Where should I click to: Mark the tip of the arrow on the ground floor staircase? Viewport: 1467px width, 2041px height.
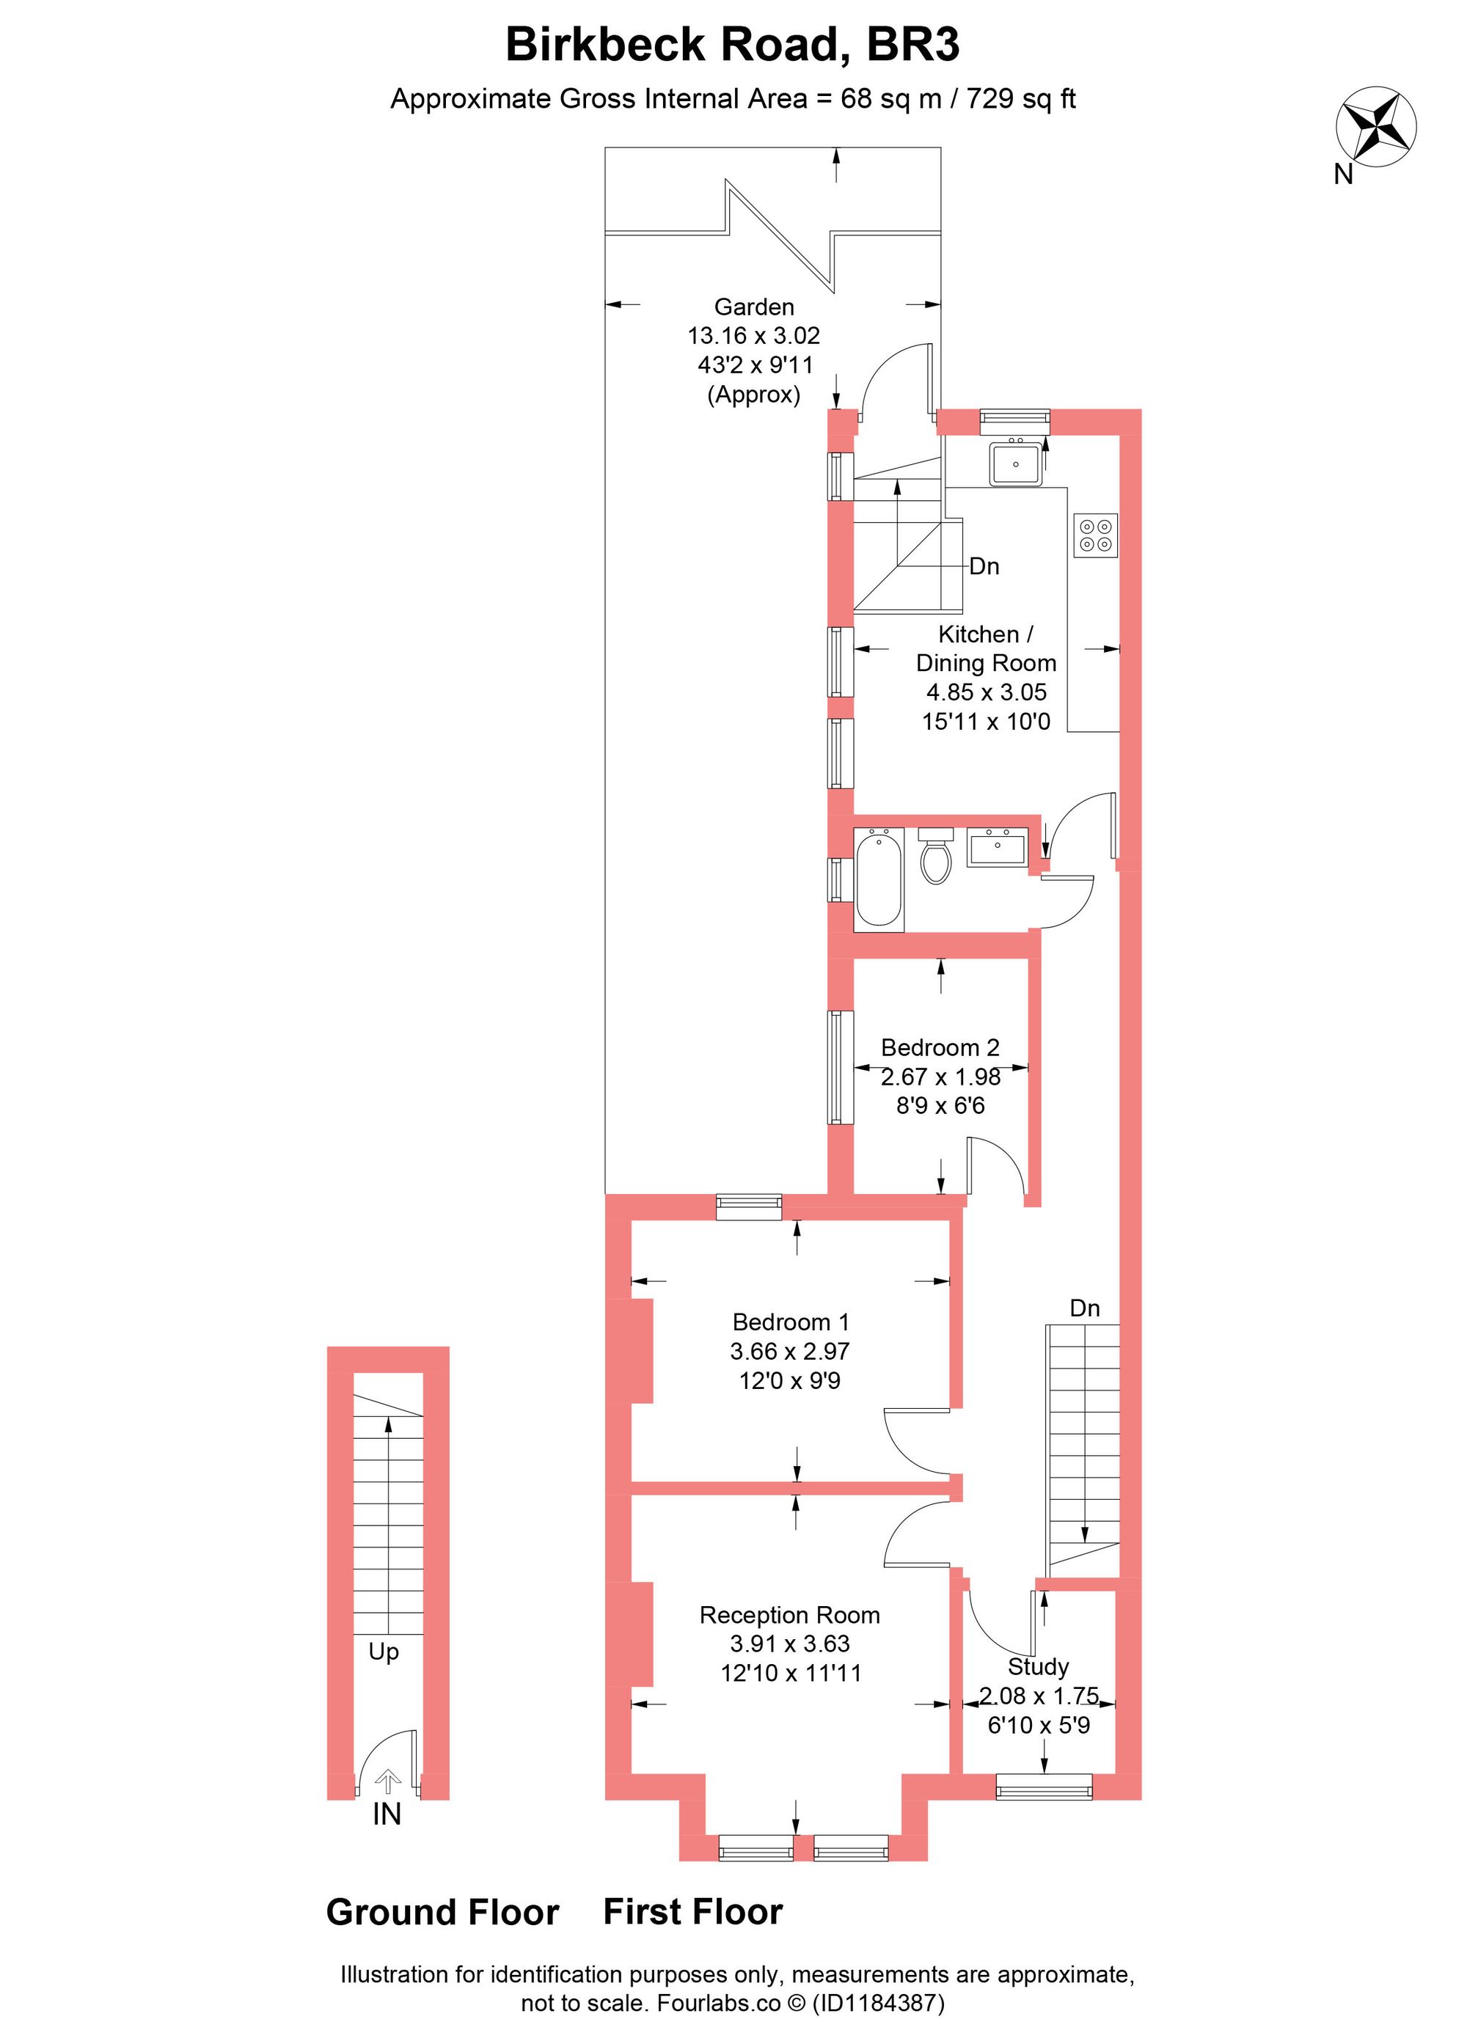(388, 1418)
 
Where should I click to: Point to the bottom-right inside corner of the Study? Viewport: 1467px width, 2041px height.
(1116, 1774)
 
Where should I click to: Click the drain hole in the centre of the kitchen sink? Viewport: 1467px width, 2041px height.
(1016, 464)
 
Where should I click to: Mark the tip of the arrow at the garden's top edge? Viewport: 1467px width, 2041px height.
(837, 147)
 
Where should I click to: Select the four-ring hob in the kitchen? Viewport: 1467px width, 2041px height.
(1095, 535)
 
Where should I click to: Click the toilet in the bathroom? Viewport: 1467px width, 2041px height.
(936, 856)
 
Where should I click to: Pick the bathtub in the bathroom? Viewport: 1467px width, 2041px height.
(879, 879)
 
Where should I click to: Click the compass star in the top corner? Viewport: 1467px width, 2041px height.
(1376, 127)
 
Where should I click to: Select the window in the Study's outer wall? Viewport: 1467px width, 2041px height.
(1044, 1787)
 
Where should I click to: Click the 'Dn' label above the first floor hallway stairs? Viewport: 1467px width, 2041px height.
(1085, 1308)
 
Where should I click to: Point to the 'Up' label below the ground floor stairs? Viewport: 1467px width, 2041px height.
(384, 1653)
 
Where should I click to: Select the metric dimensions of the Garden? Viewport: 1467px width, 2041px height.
(754, 336)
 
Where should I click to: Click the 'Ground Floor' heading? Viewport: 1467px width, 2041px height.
(443, 1913)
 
